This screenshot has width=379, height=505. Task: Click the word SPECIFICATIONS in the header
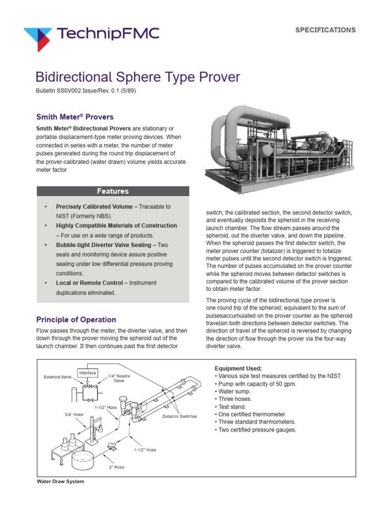325,30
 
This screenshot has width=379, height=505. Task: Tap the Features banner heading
113,191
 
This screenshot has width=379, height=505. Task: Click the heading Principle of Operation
76,320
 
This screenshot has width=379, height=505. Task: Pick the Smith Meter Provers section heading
75,117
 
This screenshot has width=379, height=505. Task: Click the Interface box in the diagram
87,372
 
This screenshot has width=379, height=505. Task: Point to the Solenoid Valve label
57,377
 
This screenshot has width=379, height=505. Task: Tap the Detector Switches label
180,416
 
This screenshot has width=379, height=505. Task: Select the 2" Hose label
116,467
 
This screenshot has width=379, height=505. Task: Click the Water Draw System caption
61,482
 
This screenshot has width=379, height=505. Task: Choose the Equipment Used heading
238,368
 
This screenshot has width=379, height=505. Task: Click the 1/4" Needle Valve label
118,378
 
